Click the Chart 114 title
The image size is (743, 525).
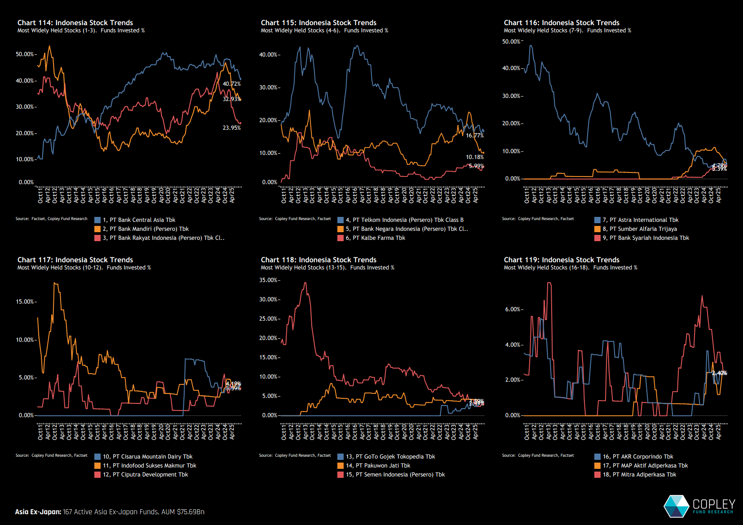[x=75, y=23]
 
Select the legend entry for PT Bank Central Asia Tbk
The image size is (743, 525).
[x=139, y=220]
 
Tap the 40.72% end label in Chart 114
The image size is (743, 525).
[x=232, y=84]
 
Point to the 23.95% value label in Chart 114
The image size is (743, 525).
[x=232, y=128]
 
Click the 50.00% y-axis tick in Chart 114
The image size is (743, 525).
[x=25, y=54]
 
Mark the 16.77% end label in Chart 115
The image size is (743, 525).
[x=475, y=136]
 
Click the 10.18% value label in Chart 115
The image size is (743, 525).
[x=475, y=157]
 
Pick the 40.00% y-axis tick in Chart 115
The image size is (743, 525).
[x=268, y=55]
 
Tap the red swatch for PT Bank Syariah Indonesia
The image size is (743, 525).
[x=597, y=238]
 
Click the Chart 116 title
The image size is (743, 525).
[x=562, y=23]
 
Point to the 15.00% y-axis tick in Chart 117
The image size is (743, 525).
[x=25, y=302]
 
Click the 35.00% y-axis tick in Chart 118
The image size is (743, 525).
[x=268, y=280]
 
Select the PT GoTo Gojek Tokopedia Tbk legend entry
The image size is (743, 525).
[x=390, y=457]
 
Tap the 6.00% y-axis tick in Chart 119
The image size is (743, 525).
[x=513, y=309]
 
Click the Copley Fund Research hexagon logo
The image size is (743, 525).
[x=676, y=506]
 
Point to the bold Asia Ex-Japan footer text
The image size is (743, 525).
[x=38, y=512]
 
